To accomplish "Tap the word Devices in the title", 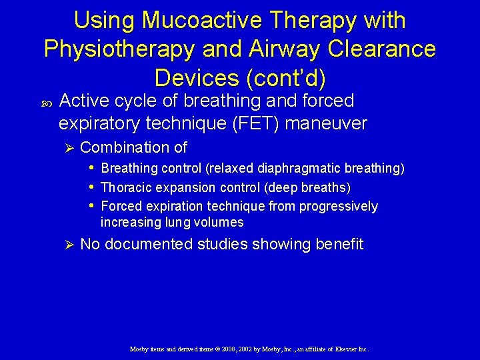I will click(197, 78).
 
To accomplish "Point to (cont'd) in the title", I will click(286, 78).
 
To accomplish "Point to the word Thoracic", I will click(125, 187).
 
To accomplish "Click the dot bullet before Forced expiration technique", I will click(91, 205).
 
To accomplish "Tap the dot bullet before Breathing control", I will click(91, 168).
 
